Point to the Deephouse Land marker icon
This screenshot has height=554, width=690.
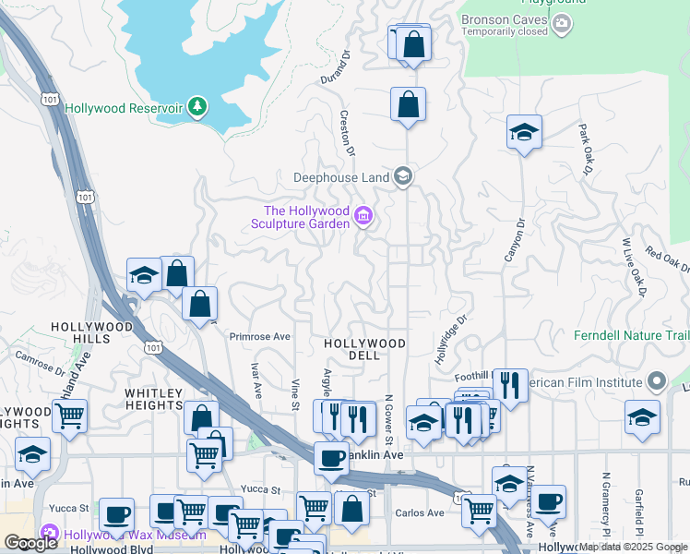tap(402, 175)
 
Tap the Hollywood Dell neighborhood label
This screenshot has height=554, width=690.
tap(365, 349)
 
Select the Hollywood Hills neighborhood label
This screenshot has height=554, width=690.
tap(93, 333)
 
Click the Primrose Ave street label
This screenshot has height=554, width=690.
tap(260, 337)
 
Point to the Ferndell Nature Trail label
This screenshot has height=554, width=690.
tap(631, 335)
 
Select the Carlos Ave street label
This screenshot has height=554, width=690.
tap(420, 513)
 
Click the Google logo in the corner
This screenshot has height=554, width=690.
tap(30, 543)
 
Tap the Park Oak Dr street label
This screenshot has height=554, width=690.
tap(586, 150)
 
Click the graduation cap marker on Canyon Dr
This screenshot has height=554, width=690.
tap(524, 131)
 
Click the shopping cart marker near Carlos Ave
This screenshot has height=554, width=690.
tap(479, 511)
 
